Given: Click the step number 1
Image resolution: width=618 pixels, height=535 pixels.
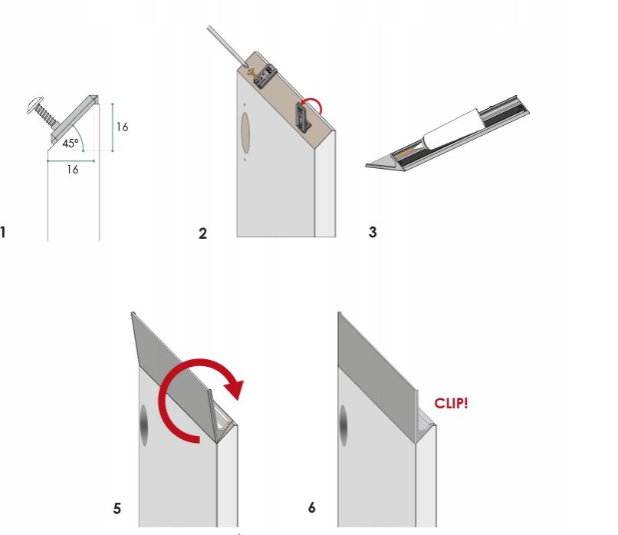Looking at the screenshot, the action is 3,232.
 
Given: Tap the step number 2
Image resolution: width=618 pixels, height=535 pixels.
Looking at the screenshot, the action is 202,233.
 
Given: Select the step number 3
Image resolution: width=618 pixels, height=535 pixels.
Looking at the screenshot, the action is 373,232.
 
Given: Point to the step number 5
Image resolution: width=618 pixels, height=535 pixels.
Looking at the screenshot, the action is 117,508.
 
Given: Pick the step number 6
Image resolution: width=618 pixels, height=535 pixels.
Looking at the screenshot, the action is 312,507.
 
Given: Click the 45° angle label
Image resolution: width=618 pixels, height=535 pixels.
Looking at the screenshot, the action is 71,144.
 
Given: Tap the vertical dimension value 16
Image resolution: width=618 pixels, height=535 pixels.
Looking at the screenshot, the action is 122,127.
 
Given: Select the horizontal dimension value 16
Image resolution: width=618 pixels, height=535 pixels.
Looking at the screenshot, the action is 73,170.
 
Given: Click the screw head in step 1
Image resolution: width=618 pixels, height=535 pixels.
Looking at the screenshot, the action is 35,104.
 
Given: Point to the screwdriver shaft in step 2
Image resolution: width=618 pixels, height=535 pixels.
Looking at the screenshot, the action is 227,46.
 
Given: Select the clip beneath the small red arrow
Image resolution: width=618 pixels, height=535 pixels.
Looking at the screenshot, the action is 303,116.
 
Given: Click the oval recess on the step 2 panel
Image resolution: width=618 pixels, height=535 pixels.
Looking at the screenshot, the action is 245,133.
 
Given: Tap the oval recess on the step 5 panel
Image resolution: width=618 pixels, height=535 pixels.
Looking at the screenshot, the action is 144,425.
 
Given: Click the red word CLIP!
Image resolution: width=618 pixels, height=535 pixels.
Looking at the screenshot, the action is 451,403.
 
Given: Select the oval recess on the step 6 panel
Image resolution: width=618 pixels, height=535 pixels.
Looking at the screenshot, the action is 344,425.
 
